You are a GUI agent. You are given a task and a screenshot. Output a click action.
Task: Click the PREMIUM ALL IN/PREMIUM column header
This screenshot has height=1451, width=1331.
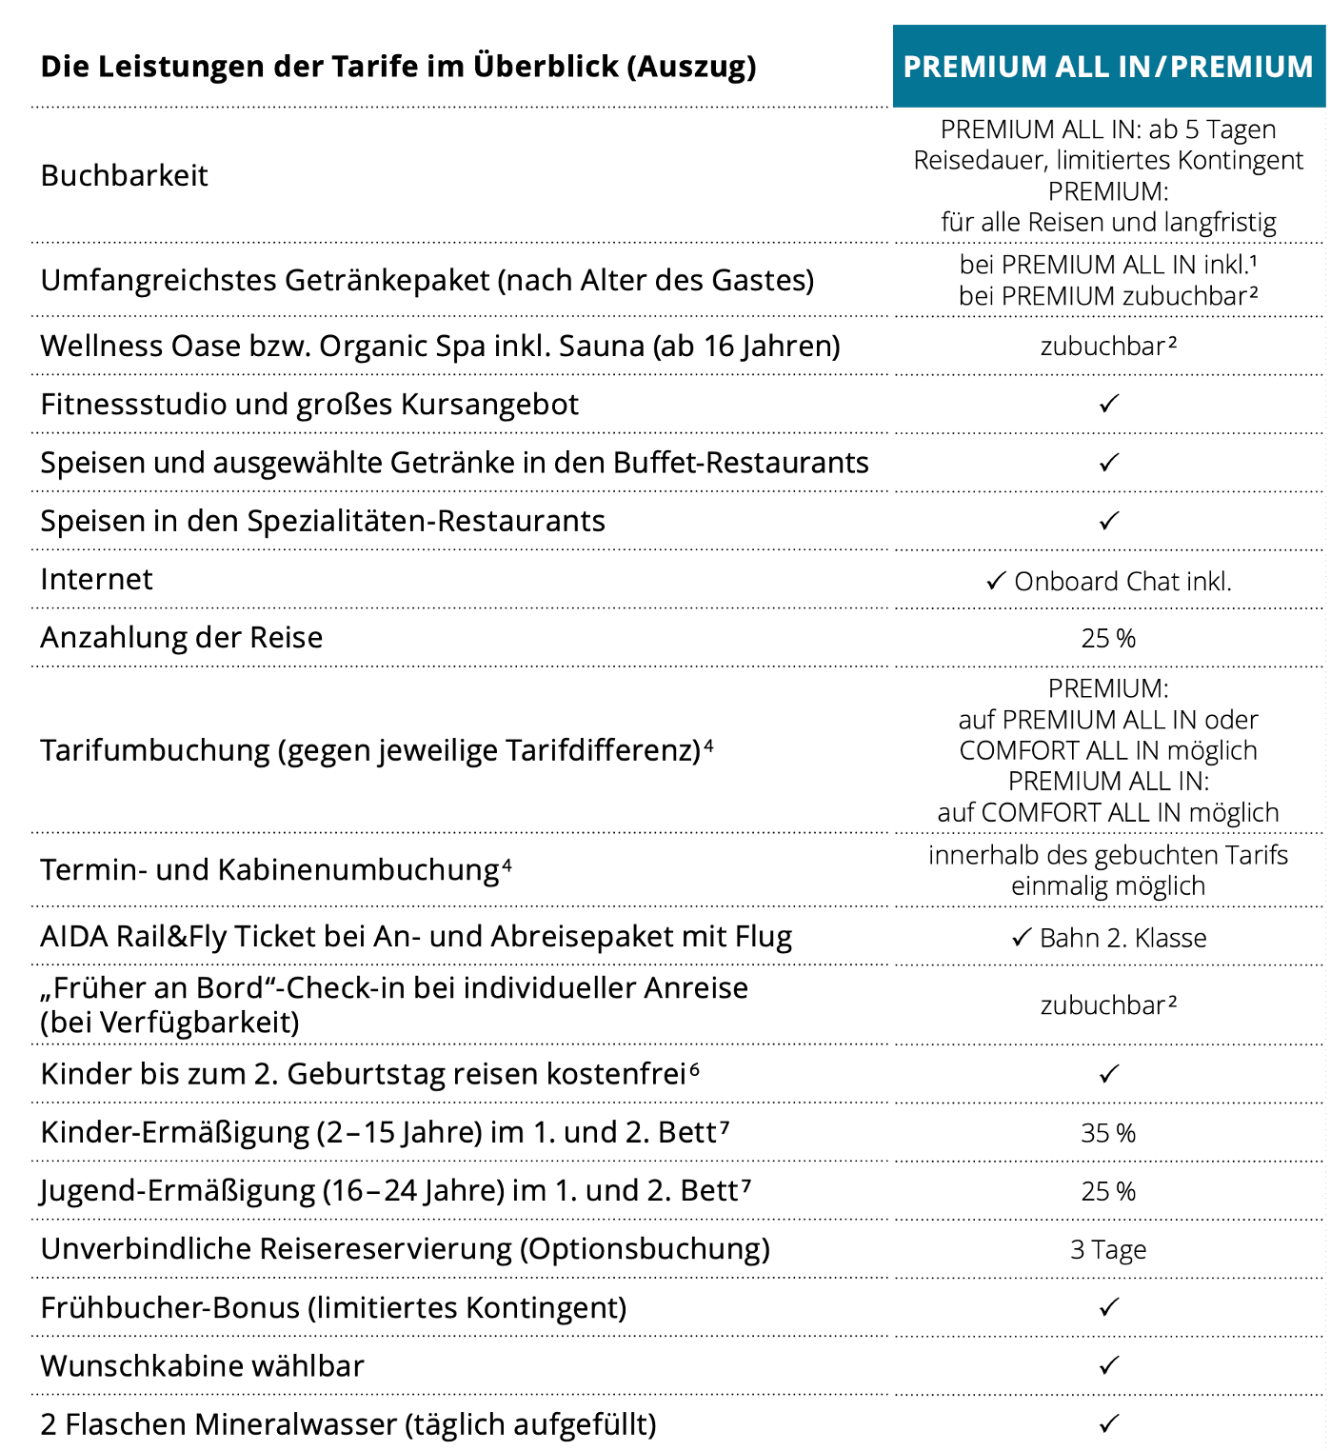click(x=1108, y=67)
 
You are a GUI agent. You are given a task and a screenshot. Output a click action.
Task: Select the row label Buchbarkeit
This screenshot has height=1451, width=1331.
click(x=124, y=176)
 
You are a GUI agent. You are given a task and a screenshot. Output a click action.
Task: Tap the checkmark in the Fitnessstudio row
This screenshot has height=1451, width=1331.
click(x=1108, y=405)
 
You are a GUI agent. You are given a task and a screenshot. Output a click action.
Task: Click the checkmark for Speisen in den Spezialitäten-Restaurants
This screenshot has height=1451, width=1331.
click(x=1108, y=522)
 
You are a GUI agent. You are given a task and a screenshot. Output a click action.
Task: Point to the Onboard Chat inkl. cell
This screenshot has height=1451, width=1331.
click(x=1109, y=582)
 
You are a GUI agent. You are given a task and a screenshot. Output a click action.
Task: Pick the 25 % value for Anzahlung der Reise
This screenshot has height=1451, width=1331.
click(x=1108, y=639)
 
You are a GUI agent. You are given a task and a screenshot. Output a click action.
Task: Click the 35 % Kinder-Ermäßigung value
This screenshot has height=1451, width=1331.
click(x=1108, y=1134)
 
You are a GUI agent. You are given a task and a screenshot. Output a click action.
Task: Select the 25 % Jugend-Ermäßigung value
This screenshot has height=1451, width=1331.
click(x=1108, y=1192)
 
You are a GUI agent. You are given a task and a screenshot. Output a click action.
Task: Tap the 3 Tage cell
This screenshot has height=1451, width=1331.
click(x=1108, y=1250)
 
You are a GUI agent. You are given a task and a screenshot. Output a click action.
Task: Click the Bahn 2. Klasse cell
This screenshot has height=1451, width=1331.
click(x=1109, y=939)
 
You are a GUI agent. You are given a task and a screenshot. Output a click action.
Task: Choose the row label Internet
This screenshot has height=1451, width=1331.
click(x=96, y=580)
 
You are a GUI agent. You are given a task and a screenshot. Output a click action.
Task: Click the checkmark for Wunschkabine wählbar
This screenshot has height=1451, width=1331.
click(x=1108, y=1366)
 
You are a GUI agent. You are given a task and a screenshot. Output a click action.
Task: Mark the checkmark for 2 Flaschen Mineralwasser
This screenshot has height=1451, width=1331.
click(x=1108, y=1424)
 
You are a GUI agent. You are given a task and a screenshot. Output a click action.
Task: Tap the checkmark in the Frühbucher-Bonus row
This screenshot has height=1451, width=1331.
click(x=1108, y=1308)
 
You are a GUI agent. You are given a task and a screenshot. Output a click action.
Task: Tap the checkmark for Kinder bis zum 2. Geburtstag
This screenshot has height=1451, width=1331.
click(x=1108, y=1075)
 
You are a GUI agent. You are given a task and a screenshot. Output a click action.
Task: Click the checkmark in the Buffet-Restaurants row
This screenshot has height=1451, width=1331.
click(x=1108, y=464)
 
